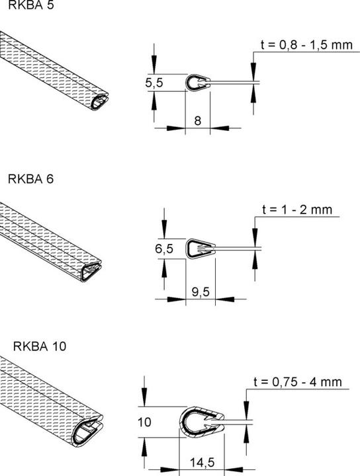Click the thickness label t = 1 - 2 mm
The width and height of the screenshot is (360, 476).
(x=296, y=211)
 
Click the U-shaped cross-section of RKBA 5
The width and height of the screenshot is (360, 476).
(x=197, y=83)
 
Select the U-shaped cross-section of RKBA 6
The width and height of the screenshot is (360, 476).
(x=201, y=249)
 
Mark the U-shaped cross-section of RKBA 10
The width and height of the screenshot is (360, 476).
(x=201, y=420)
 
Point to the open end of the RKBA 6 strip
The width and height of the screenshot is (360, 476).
(x=92, y=270)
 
